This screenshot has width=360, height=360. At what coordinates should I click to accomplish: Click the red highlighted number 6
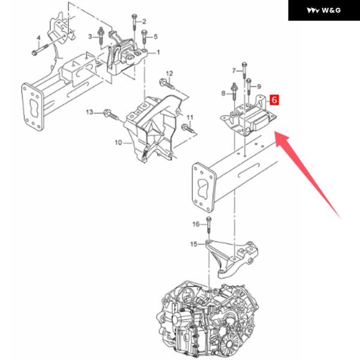point(274,100)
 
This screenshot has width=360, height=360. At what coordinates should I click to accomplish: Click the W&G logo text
point(331,10)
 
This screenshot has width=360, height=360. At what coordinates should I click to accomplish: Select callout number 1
point(158,53)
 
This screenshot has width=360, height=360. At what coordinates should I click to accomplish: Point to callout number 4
point(38,38)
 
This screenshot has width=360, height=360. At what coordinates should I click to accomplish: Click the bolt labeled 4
point(40,50)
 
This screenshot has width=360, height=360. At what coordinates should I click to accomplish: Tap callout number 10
point(118,143)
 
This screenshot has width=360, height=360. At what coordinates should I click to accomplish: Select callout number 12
point(169,73)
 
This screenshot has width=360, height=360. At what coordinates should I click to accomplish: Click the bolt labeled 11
point(188,128)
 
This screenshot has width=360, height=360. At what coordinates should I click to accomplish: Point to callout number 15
point(194,244)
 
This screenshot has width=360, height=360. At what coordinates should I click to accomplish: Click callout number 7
point(234,70)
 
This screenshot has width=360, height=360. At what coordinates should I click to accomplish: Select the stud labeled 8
point(234,92)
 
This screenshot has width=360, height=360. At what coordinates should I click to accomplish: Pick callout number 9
point(259,86)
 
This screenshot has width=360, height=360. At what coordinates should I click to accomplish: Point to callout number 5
point(155,37)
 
